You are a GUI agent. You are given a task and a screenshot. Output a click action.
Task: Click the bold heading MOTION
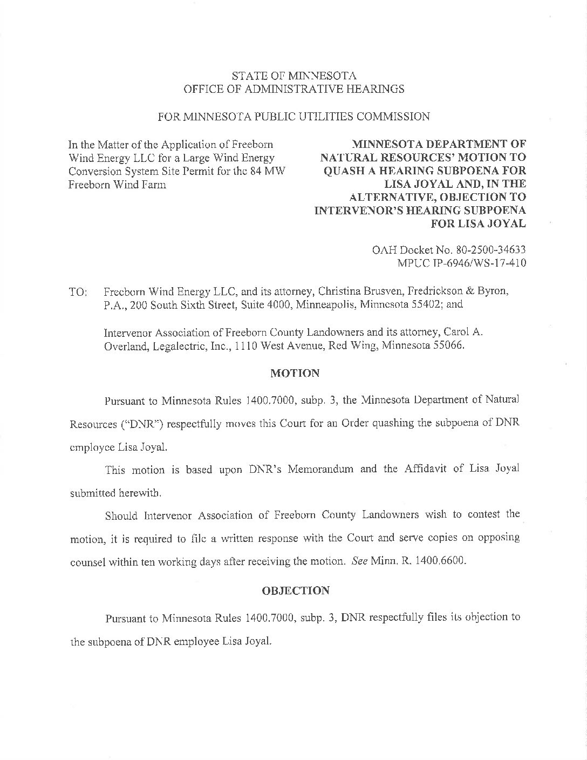(x=295, y=373)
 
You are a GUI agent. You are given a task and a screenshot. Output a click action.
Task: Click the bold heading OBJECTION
(x=295, y=591)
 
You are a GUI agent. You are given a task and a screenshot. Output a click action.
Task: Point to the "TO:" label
(x=78, y=292)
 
